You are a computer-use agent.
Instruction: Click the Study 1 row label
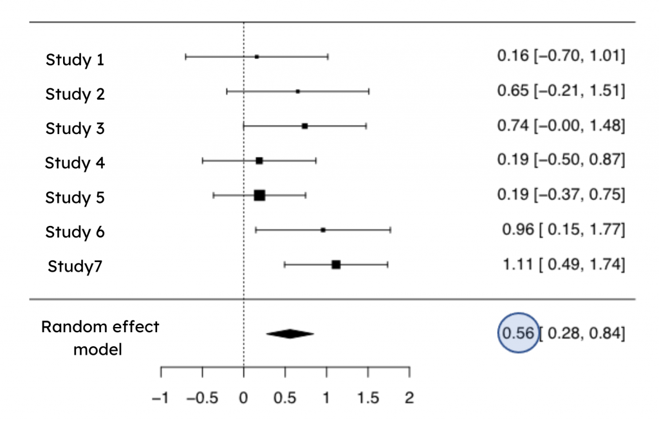pos(75,60)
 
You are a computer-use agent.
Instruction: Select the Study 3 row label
pos(75,128)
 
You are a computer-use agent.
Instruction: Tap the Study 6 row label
pos(75,231)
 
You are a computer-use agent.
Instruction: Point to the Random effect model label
pos(100,338)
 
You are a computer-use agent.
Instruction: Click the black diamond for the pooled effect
pos(290,333)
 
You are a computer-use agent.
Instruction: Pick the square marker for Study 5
pos(259,195)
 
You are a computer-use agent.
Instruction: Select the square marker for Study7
pos(336,264)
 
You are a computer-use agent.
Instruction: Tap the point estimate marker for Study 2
pos(297,91)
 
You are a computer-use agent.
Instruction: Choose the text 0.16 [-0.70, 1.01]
pos(561,56)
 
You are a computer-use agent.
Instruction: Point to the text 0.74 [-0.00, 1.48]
pos(561,126)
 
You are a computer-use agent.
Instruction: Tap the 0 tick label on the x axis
pos(243,398)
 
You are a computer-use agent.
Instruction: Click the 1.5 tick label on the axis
pos(367,398)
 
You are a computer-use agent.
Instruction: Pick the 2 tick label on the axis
pos(409,398)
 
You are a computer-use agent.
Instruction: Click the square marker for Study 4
pos(259,160)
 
